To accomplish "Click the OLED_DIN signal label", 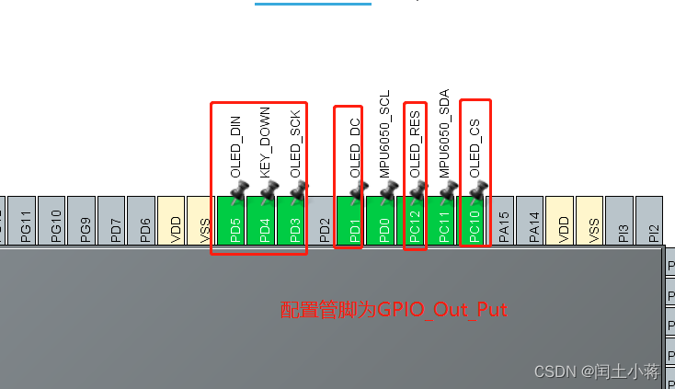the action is click(235, 147).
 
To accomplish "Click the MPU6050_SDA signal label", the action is click(444, 133).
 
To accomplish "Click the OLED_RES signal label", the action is click(415, 144).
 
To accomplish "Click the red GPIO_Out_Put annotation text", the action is click(394, 310).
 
